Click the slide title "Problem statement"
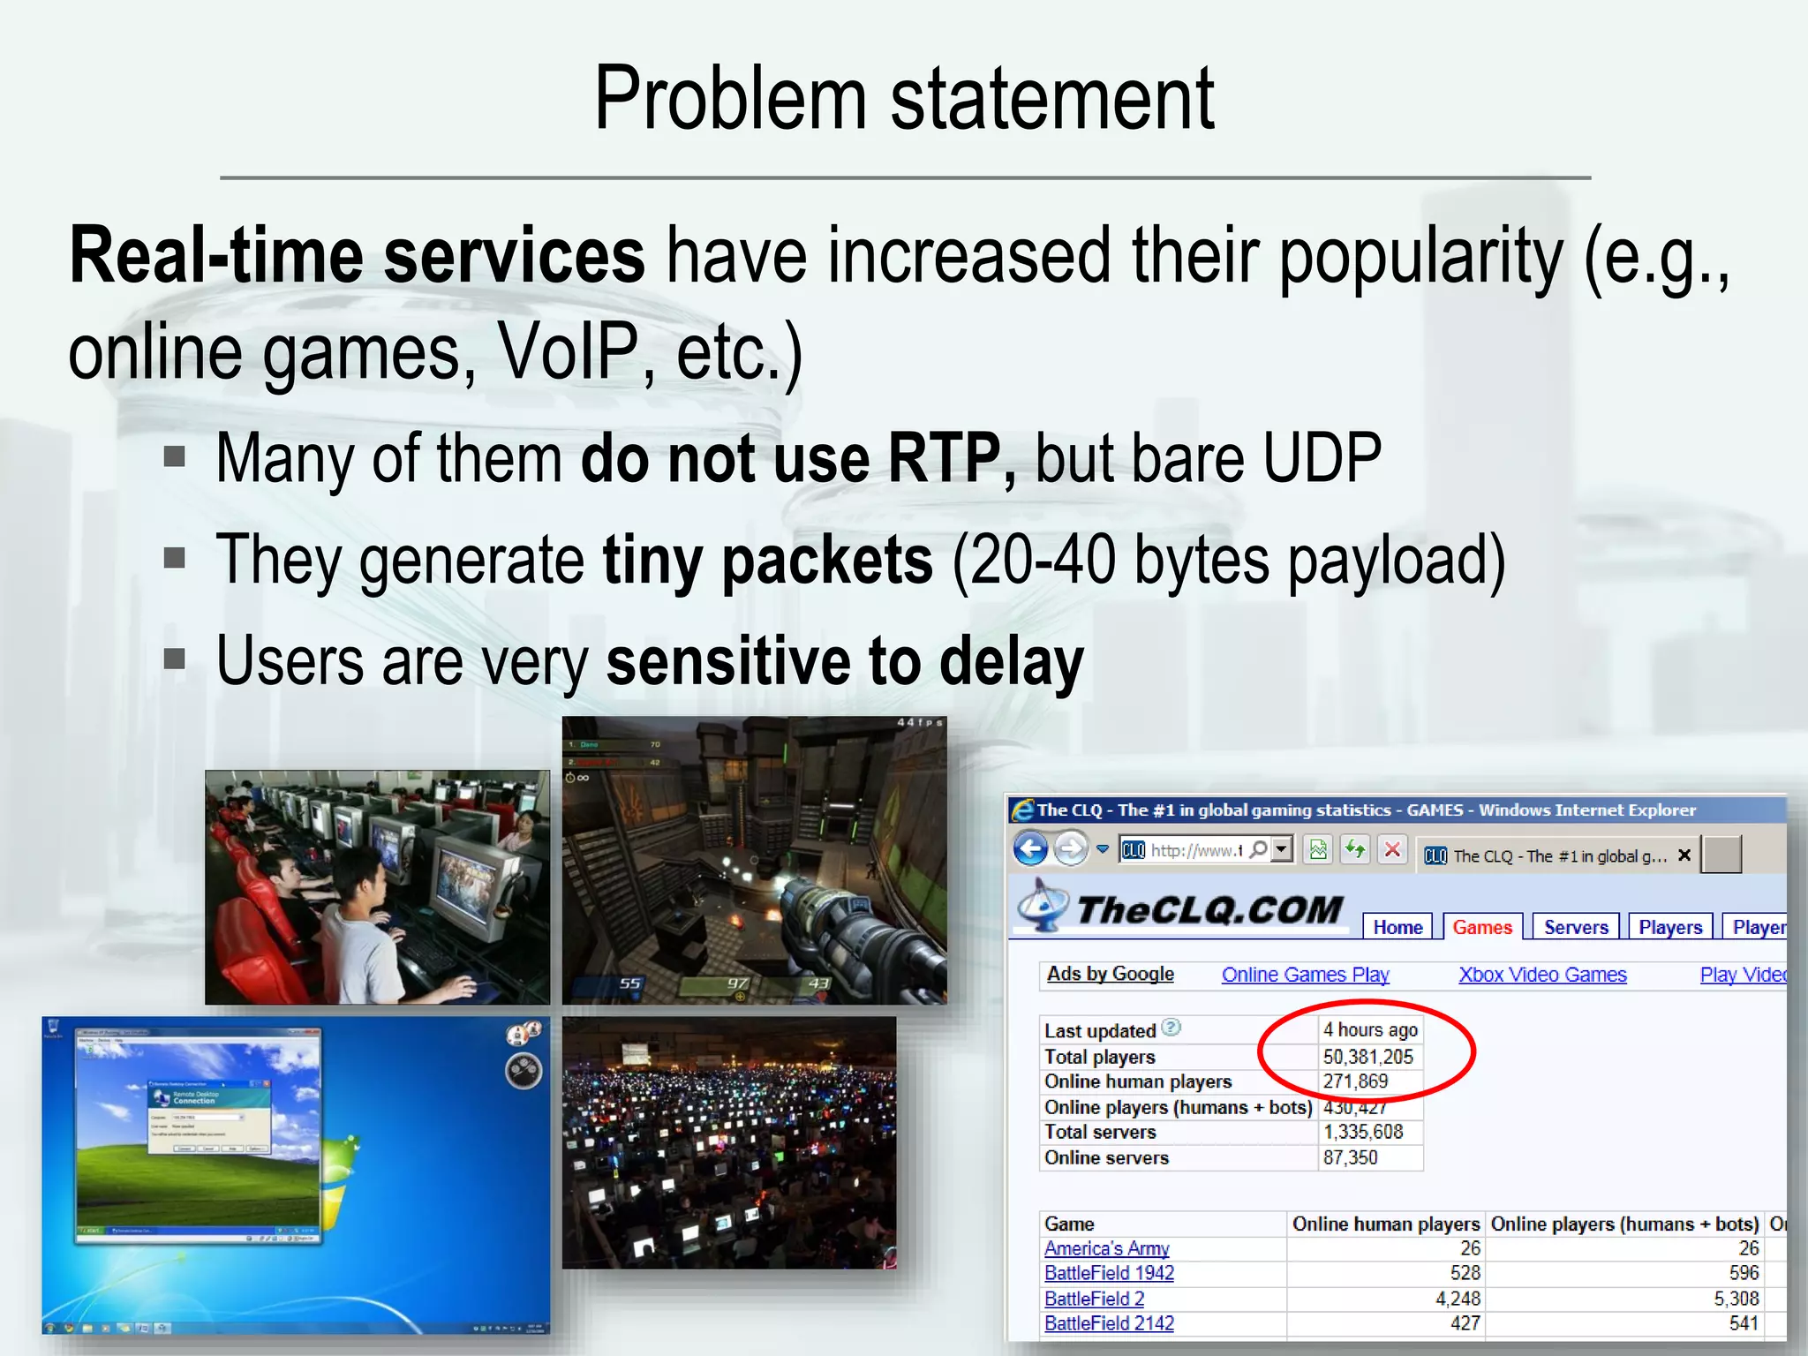coord(904,99)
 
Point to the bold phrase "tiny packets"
coord(767,561)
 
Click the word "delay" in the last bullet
coord(1011,662)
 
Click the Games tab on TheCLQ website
coord(1482,927)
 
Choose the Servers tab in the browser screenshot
coord(1576,927)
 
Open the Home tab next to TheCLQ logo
coord(1397,927)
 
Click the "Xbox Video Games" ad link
coord(1542,975)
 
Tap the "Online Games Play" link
coord(1305,975)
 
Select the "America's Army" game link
coord(1106,1248)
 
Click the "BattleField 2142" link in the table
coord(1109,1323)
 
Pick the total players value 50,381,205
coord(1367,1057)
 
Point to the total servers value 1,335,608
coord(1362,1132)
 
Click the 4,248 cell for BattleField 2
coord(1458,1299)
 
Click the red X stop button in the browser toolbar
coord(1392,850)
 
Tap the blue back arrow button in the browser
coord(1030,849)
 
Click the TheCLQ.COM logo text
coord(1209,910)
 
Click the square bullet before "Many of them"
coord(175,456)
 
